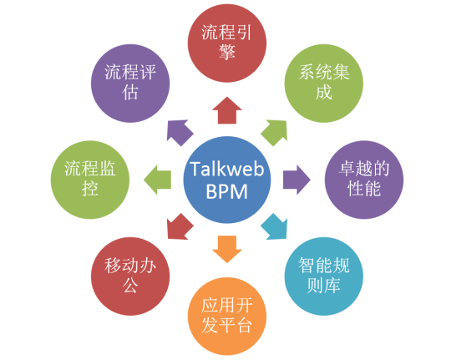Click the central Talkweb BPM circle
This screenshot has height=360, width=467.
227,180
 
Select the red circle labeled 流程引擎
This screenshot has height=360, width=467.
227,43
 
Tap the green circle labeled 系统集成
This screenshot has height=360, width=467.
324,83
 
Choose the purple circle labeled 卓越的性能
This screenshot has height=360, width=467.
364,180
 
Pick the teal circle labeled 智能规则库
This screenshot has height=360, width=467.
324,276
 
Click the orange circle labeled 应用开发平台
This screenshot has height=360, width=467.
227,317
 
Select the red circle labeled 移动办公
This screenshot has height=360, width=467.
130,276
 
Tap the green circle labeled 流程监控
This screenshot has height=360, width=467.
90,180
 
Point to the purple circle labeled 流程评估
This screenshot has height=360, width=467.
130,83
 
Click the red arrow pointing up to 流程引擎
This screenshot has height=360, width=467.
227,111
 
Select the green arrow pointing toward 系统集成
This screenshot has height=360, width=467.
275,132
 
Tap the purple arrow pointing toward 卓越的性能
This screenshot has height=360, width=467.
297,180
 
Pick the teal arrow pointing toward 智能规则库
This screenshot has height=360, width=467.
275,227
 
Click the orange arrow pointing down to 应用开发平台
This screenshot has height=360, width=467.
227,249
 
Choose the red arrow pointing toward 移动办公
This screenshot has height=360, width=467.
179,227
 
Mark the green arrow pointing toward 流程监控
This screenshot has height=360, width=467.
158,180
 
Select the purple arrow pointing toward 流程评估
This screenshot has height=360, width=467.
179,132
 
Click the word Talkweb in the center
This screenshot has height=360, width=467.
227,169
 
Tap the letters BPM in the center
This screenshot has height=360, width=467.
227,191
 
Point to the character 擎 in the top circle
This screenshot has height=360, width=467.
227,52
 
